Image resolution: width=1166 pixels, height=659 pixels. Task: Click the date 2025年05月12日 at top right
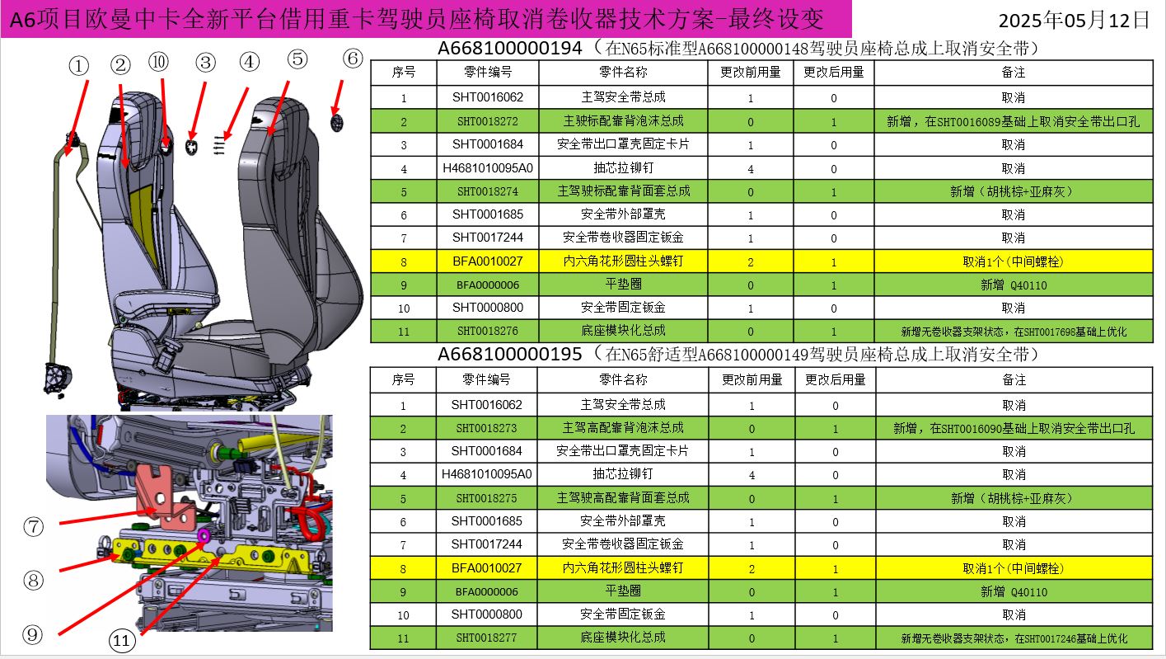[1074, 21]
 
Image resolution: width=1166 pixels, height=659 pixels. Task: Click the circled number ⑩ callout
[158, 62]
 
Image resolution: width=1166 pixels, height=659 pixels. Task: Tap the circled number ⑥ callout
[353, 59]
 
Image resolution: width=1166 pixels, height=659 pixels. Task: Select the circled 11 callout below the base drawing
[122, 640]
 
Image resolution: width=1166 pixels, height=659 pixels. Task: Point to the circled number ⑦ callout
[33, 527]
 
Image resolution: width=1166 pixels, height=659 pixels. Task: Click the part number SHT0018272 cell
[488, 121]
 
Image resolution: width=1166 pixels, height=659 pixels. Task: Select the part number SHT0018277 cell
[487, 638]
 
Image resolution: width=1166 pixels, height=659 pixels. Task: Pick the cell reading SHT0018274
[488, 191]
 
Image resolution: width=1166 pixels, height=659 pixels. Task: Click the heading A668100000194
[509, 49]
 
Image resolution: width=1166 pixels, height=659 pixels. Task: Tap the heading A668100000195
[509, 355]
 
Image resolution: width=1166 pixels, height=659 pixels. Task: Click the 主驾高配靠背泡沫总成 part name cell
[623, 428]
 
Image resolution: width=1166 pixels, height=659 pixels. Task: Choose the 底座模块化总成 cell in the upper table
[623, 330]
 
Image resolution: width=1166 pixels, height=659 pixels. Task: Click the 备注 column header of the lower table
[1014, 379]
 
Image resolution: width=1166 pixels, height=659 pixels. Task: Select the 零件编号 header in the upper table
[488, 72]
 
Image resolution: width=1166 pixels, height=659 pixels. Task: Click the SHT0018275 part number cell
[487, 498]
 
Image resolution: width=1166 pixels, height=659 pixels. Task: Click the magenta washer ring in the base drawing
[204, 535]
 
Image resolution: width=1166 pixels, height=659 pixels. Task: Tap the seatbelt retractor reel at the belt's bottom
[56, 379]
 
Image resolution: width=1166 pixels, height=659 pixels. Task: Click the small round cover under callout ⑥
[337, 123]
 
